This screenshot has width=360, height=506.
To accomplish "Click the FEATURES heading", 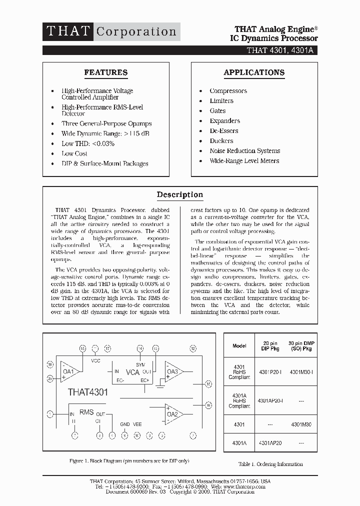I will point(105,72).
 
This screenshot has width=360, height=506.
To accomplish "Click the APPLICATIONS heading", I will point(254,72).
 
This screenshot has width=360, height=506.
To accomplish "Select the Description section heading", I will point(179,194).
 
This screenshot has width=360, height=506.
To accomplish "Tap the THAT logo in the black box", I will point(67,31).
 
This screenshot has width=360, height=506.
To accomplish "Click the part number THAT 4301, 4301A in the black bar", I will point(281,50).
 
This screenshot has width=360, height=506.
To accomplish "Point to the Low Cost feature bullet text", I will point(74,153).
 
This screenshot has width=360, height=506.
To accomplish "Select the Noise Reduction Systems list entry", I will point(244,151).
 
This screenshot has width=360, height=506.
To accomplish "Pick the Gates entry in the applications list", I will point(217,111).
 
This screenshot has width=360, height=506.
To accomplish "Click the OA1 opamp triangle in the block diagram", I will point(69,371).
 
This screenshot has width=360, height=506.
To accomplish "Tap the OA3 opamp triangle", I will point(173,371).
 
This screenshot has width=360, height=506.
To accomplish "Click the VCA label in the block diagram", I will point(132,372).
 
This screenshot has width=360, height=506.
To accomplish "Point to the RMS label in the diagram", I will point(86,412).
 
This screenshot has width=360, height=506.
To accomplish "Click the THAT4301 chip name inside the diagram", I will point(87,392).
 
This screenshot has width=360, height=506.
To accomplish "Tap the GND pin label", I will point(124,424).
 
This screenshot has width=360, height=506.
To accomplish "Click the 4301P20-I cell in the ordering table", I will point(270,372).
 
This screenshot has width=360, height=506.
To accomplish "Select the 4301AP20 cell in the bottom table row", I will point(270,443).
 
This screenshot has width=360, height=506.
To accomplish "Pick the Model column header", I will point(239,346).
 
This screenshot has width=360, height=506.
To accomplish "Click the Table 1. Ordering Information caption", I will point(270,464).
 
